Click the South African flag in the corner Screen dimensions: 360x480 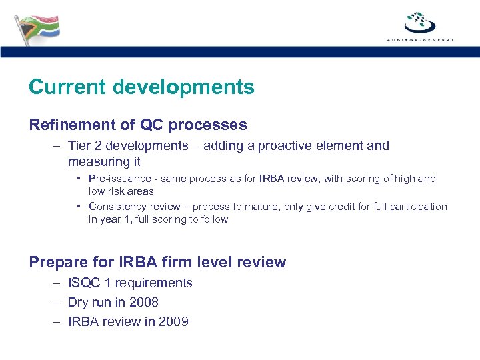coord(37,29)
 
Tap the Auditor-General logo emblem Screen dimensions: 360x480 coord(420,23)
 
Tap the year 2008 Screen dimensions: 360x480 coord(143,303)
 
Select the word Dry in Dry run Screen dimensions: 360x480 coord(79,303)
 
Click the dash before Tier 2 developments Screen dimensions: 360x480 coord(55,145)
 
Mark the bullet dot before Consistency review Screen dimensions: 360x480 coord(79,207)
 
